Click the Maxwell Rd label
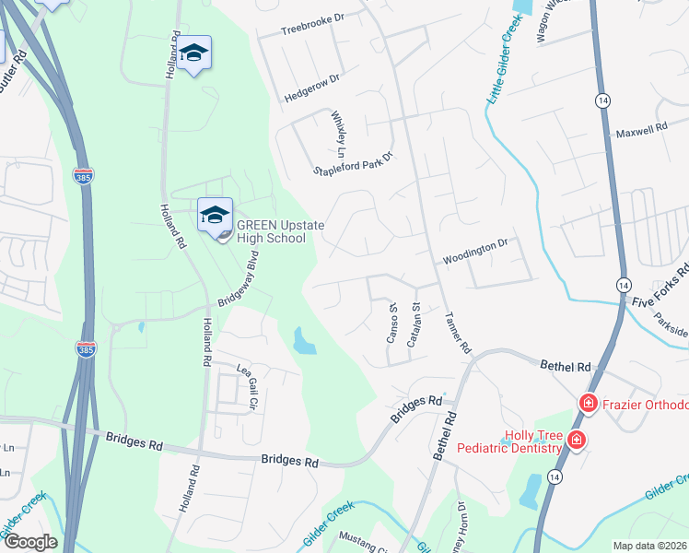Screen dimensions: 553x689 click(x=641, y=131)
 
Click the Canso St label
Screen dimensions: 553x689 click(x=391, y=323)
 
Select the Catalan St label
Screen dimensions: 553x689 click(x=416, y=319)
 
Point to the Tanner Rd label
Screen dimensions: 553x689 click(x=458, y=332)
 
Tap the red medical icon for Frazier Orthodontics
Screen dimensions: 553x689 click(x=587, y=404)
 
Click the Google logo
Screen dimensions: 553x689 click(x=29, y=542)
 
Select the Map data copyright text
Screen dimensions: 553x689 click(x=650, y=546)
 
